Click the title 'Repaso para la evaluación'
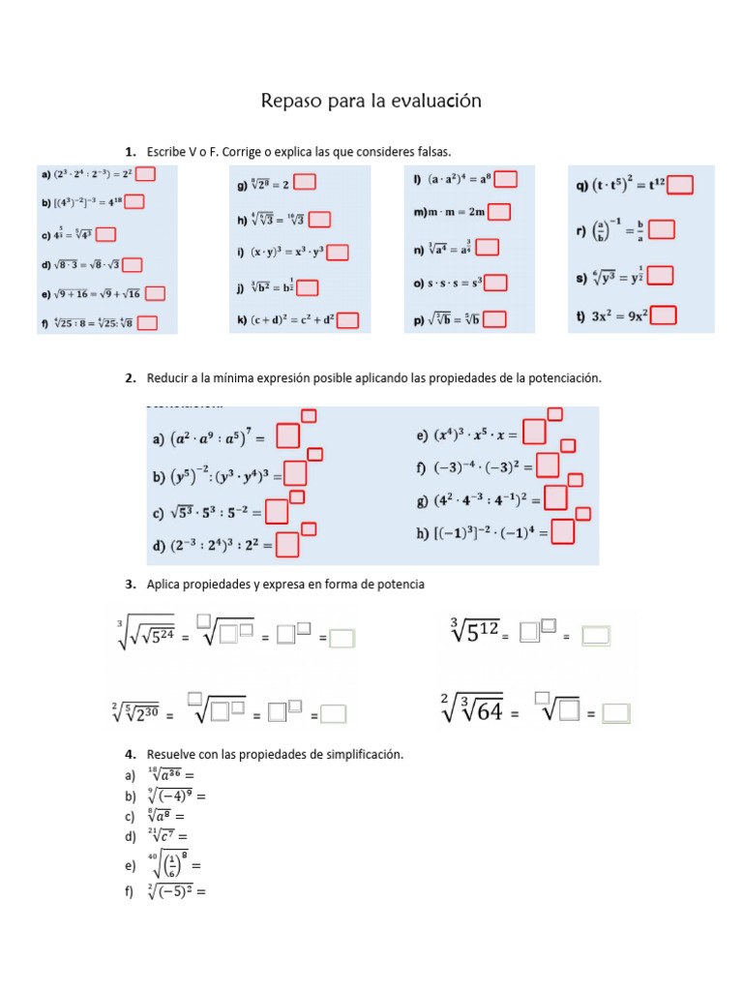coord(371,101)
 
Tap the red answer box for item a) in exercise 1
coord(146,174)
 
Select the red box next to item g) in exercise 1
coord(304,181)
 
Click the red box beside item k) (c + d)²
coord(348,320)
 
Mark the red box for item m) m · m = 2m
coord(499,212)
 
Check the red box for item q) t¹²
coord(680,184)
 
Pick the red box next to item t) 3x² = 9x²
coord(664,315)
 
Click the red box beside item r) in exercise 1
coord(662,229)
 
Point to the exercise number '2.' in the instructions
coord(130,378)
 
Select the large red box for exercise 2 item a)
coord(288,436)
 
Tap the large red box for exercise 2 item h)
coord(563,531)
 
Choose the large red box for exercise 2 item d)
coord(287,546)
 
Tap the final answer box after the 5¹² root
coord(596,636)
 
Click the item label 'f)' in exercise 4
coord(129,892)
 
